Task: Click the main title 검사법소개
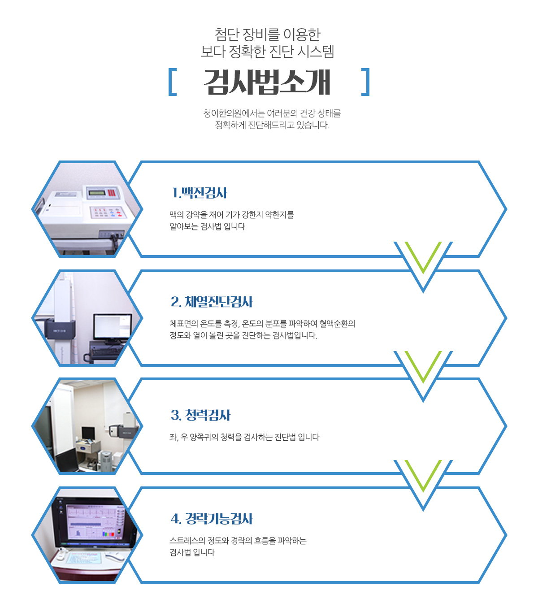[267, 82]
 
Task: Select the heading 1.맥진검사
[199, 193]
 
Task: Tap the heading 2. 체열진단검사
[212, 302]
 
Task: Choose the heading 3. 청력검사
[200, 415]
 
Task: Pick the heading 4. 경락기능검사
[212, 518]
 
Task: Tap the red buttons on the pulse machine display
[111, 192]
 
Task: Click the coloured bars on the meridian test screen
[108, 534]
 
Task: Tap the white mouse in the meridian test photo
[114, 557]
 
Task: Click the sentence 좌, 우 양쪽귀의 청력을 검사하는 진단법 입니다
[244, 437]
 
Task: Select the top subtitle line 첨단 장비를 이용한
[267, 35]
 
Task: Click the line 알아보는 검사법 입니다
[208, 226]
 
